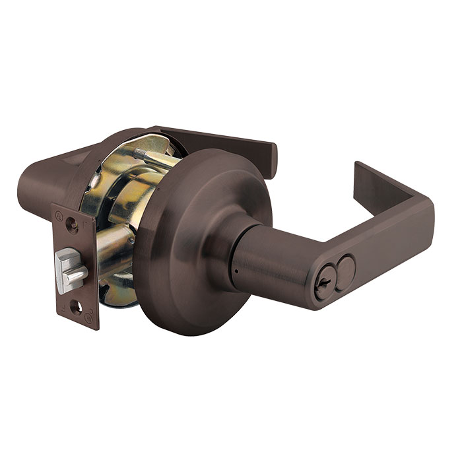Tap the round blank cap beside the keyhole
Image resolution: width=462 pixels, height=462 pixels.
(345, 268)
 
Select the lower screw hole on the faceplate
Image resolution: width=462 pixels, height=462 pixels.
(78, 308)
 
